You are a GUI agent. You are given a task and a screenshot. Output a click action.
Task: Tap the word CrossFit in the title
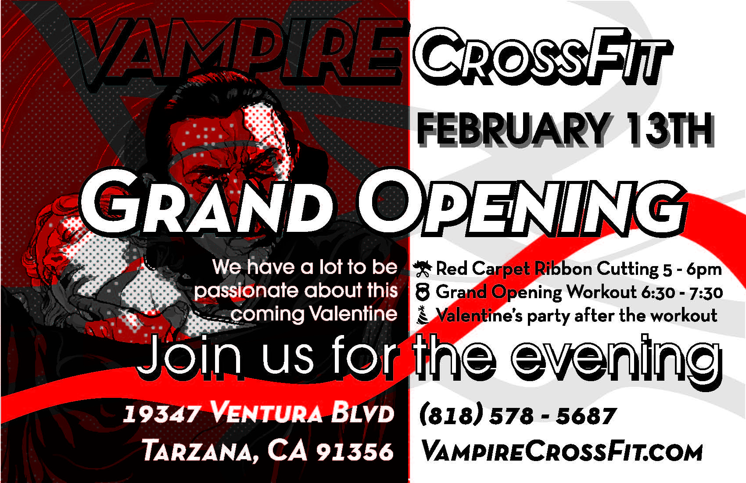pyautogui.click(x=543, y=57)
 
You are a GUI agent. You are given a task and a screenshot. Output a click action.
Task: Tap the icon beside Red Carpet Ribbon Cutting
pyautogui.click(x=423, y=269)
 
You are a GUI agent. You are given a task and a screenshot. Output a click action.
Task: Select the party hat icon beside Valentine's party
pyautogui.click(x=422, y=315)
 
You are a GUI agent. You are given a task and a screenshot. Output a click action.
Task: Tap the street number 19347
pyautogui.click(x=161, y=415)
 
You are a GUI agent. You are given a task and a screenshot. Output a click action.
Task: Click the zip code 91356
pyautogui.click(x=355, y=452)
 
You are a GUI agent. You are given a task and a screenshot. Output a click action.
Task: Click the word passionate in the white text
pyautogui.click(x=247, y=292)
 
